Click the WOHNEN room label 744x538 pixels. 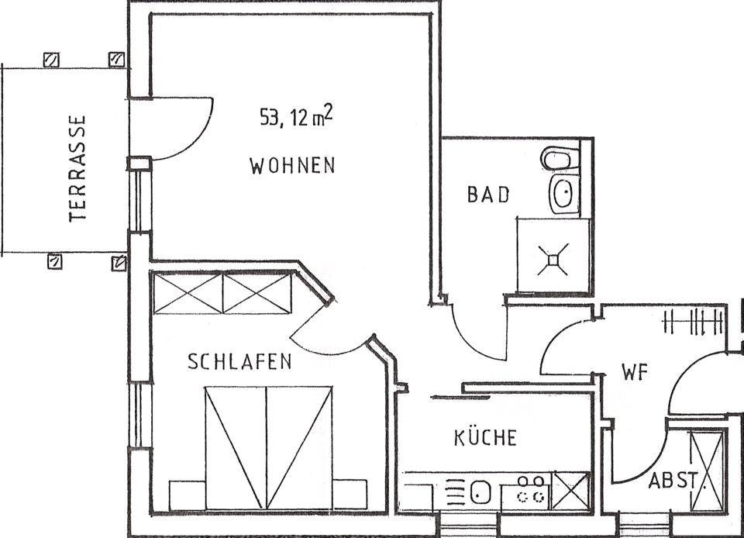tap(292, 166)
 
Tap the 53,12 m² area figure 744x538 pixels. tap(296, 116)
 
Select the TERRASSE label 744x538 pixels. tap(77, 168)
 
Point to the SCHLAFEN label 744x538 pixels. tap(239, 361)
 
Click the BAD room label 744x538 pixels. tap(488, 195)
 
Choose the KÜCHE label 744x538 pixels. tap(485, 437)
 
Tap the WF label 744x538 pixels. tap(635, 372)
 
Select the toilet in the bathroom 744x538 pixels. tap(560, 158)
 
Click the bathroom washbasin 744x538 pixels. tap(564, 194)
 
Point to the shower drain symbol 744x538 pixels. tap(553, 260)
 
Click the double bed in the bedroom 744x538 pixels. tap(268, 447)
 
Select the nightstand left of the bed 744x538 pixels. tap(188, 495)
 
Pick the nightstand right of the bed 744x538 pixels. tap(350, 495)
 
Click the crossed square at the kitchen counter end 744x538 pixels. tap(570, 491)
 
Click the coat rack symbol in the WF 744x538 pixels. tap(693, 322)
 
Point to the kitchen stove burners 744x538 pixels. tap(530, 490)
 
